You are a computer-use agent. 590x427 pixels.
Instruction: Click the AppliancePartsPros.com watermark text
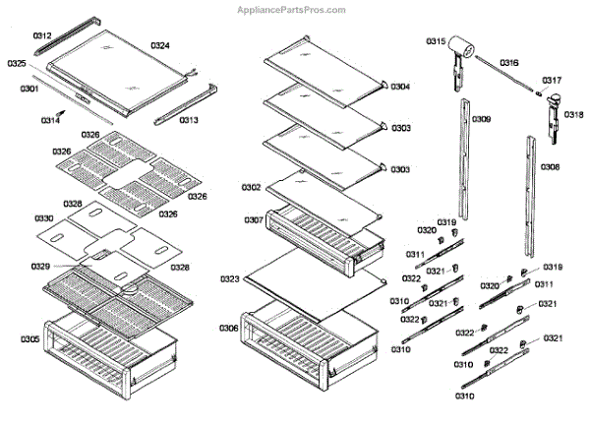coord(293,10)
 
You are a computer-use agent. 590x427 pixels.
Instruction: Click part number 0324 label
coord(160,45)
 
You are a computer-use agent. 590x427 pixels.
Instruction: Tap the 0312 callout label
coord(41,35)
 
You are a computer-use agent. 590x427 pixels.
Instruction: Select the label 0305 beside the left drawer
coord(29,339)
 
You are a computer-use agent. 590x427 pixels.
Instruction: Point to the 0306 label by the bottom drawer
coord(228,328)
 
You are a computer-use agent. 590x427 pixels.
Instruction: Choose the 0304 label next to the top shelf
coord(400,87)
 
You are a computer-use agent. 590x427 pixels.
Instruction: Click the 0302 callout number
coord(251,187)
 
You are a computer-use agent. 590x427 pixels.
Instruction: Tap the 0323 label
coord(230,279)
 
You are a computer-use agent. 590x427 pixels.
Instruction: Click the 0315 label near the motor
coord(436,41)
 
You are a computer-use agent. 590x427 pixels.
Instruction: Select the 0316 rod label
coord(509,62)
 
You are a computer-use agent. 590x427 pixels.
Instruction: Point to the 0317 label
coord(552,80)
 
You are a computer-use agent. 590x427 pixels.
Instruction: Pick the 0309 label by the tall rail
coord(482,119)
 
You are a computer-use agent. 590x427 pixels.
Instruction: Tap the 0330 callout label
coord(44,217)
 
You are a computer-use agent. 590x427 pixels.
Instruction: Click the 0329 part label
coord(41,267)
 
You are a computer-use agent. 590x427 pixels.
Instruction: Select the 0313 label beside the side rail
coord(188,120)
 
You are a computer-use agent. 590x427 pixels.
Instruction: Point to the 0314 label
coord(50,120)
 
